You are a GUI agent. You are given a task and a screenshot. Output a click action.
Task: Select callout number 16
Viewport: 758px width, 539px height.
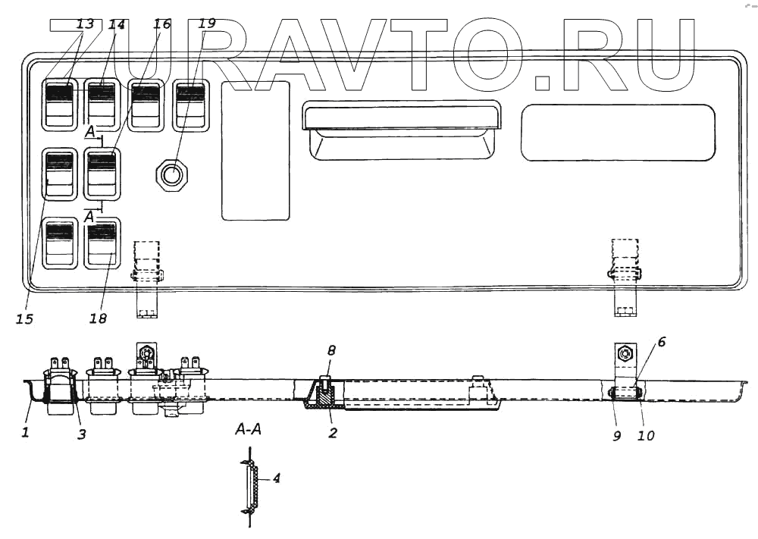(x=162, y=24)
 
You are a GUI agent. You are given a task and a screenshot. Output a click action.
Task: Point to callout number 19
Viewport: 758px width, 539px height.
(x=206, y=24)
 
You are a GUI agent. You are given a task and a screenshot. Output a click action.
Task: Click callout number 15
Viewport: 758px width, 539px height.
(x=24, y=319)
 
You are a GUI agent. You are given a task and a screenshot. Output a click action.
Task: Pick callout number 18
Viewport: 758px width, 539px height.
(x=99, y=318)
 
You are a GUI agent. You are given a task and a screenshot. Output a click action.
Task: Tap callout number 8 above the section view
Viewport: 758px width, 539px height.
(x=330, y=351)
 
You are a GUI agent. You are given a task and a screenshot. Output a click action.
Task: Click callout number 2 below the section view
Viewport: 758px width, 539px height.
(x=332, y=433)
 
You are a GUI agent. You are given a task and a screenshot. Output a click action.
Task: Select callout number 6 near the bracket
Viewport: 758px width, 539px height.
(x=661, y=343)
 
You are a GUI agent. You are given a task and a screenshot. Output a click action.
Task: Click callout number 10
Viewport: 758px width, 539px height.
(x=646, y=436)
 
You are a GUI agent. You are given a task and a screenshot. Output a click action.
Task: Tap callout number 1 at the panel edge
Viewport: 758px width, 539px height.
(x=24, y=433)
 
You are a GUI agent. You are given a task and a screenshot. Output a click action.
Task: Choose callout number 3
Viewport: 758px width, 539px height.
(x=82, y=434)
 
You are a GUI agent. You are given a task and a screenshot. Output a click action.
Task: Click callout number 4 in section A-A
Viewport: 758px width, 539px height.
(x=277, y=478)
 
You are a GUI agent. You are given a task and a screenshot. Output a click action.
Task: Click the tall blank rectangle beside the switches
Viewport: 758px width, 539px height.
(x=255, y=150)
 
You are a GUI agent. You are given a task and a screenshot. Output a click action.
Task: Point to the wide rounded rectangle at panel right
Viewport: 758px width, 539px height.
(x=618, y=133)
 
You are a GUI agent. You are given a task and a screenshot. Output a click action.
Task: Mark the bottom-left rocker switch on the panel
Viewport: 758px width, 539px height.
(x=59, y=243)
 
